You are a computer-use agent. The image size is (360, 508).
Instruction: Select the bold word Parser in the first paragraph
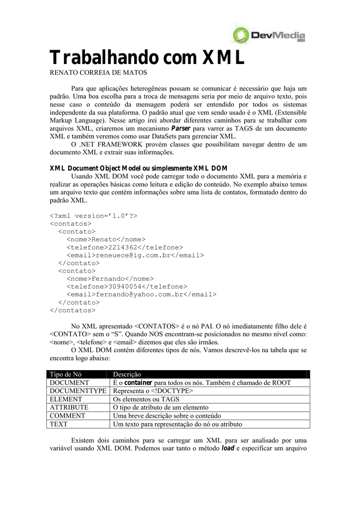(188, 128)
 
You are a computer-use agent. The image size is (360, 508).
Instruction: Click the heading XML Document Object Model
(139, 168)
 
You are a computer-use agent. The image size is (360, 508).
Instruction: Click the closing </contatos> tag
(72, 310)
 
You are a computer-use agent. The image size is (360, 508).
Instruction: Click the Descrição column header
(128, 374)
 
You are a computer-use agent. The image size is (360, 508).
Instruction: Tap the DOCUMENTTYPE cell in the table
(78, 391)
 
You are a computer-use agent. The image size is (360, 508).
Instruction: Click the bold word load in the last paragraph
(227, 449)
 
